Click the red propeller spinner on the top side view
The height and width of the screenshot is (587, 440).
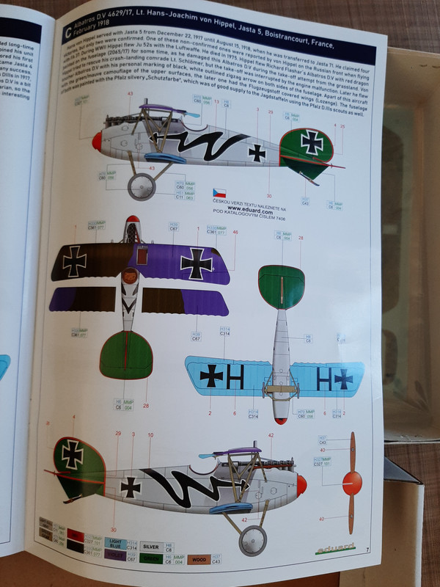(x=97, y=142)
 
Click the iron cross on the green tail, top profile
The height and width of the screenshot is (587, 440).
(x=312, y=143)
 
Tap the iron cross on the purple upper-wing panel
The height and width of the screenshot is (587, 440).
(x=197, y=263)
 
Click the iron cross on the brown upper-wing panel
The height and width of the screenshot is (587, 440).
(x=74, y=261)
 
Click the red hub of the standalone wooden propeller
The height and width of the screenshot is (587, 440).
(x=353, y=482)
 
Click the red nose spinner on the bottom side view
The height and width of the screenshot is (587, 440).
(x=301, y=484)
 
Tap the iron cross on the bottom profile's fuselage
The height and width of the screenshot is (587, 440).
(x=131, y=486)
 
